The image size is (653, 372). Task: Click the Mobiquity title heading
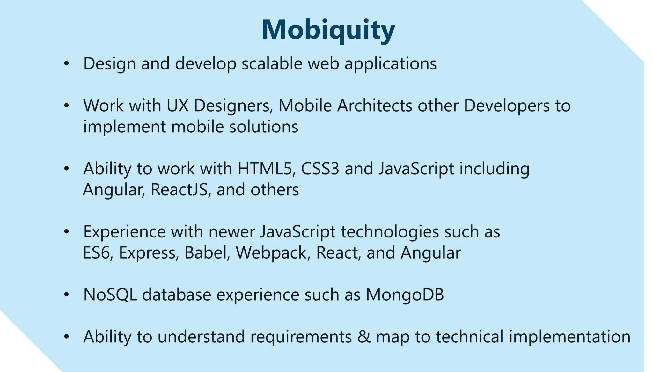coord(328,30)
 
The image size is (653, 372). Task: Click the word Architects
coord(375,106)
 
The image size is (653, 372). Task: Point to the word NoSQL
coord(110,294)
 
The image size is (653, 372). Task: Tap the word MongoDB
coord(405,294)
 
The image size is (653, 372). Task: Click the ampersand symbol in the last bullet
coord(364,337)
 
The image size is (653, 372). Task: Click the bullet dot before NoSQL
coord(66,295)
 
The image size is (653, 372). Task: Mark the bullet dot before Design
coord(66,64)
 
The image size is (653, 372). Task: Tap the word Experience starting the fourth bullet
coord(124,232)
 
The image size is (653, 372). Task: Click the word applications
coord(391,64)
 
